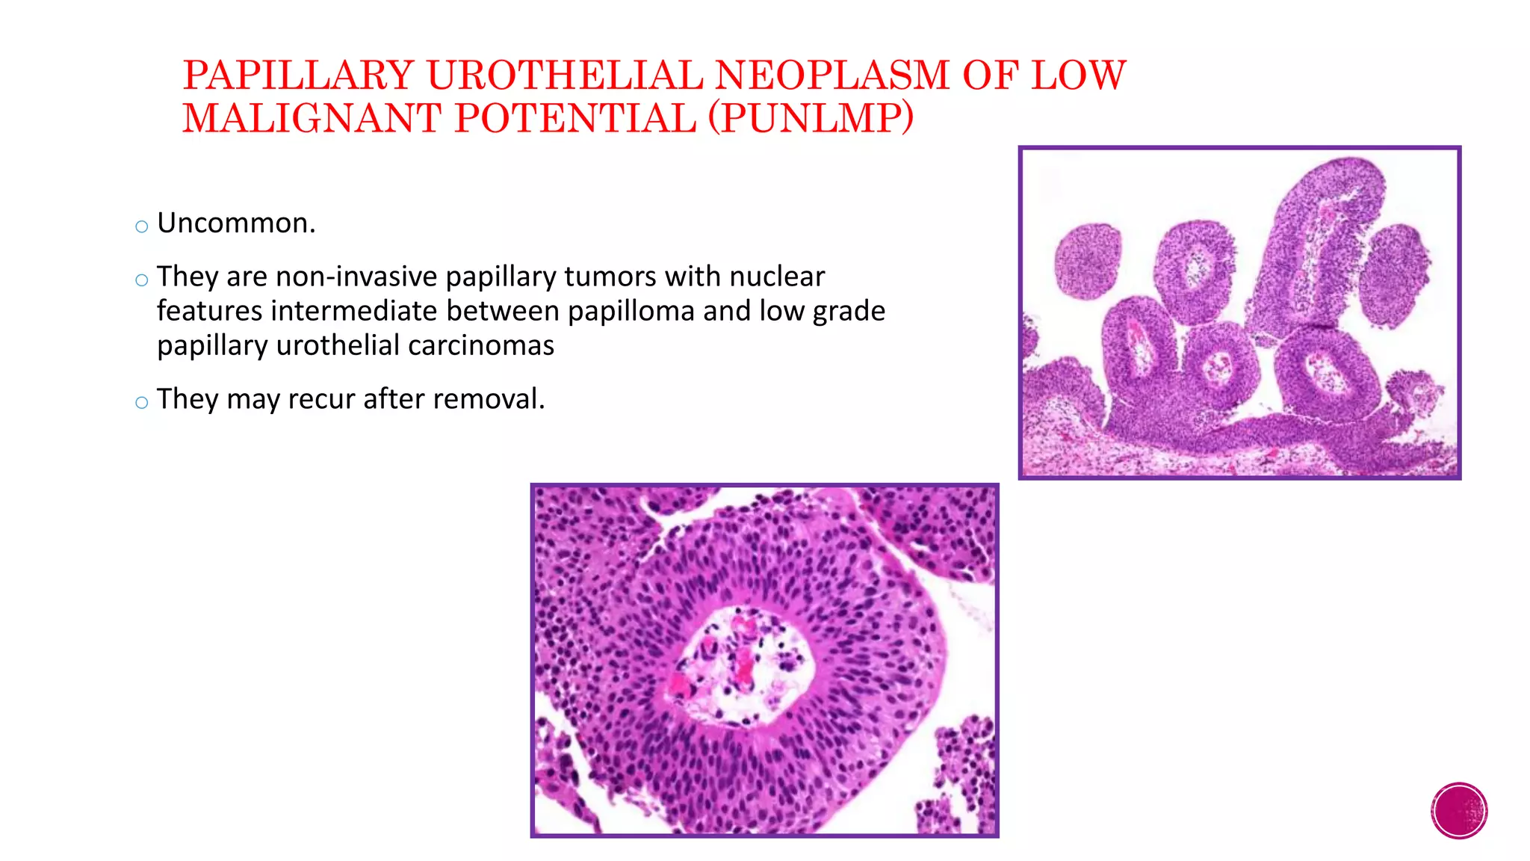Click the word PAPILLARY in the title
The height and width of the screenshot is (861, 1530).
tap(298, 75)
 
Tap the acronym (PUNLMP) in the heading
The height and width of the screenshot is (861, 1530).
tap(811, 119)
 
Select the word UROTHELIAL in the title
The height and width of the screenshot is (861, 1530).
tap(564, 75)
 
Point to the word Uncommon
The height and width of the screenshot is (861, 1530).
tap(236, 223)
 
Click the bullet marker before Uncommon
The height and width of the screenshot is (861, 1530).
tap(142, 226)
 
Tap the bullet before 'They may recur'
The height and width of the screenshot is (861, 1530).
tap(142, 402)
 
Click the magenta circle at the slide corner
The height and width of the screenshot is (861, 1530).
tap(1459, 811)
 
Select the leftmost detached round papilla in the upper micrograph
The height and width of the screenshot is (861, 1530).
tap(1088, 262)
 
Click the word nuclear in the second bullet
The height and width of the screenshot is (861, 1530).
tap(777, 277)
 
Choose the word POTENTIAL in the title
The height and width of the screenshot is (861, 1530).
tap(575, 119)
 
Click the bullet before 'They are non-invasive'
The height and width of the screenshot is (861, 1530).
tap(142, 280)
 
